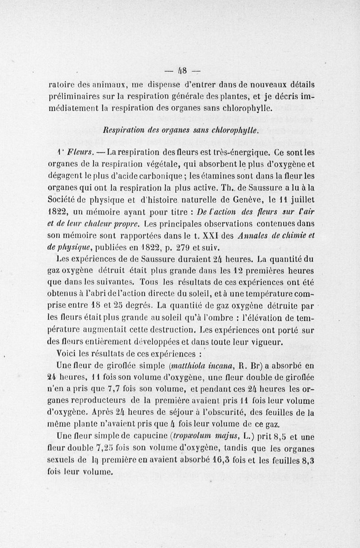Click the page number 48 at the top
[184, 70]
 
